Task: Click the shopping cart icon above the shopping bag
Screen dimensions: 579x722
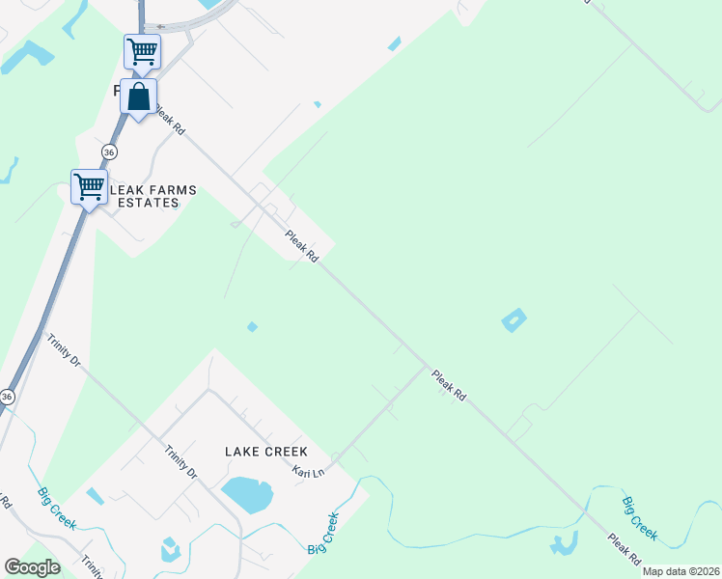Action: [x=142, y=51]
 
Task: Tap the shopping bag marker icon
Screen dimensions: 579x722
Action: [x=139, y=96]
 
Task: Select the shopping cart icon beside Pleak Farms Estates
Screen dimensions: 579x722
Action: [x=89, y=185]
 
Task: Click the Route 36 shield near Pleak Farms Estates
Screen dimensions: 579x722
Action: [x=109, y=152]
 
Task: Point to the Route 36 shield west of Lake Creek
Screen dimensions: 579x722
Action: [x=8, y=397]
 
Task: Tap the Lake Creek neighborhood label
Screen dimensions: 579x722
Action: [x=265, y=452]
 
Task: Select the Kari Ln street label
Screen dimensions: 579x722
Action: [x=310, y=470]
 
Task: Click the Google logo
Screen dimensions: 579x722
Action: [x=32, y=567]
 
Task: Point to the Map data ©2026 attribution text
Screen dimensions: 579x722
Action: [x=680, y=571]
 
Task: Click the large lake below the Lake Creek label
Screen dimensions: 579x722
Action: [x=248, y=494]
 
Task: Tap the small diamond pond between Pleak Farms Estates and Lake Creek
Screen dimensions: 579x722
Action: [x=252, y=327]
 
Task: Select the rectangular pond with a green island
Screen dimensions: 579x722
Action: [x=514, y=320]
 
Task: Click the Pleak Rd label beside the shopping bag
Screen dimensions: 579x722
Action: [x=168, y=121]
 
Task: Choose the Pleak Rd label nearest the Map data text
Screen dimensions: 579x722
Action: [x=625, y=547]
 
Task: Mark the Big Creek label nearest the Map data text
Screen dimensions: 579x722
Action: [x=640, y=518]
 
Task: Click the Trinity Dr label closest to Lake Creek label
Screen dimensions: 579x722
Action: [x=180, y=461]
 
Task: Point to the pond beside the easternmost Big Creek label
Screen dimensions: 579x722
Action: [x=563, y=544]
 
